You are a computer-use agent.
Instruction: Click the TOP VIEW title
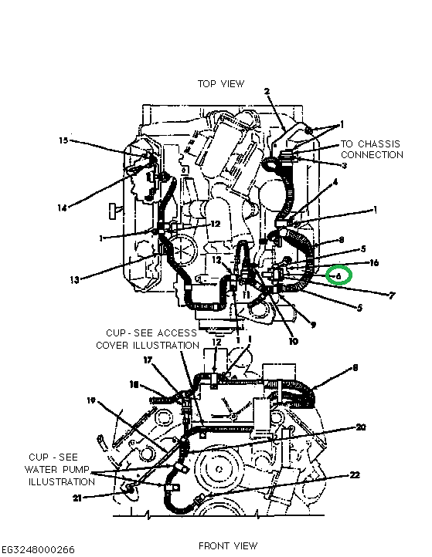point(220,83)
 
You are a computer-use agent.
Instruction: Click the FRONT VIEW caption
point(228,545)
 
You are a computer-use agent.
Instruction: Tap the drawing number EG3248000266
point(39,549)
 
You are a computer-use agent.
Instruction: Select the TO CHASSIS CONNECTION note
point(372,149)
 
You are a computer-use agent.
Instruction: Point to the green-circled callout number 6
point(338,275)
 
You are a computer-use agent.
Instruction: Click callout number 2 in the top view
point(267,92)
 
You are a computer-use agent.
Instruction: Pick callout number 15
point(63,140)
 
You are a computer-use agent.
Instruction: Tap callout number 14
point(62,208)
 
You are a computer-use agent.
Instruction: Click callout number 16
point(374,262)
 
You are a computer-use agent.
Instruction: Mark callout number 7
point(371,295)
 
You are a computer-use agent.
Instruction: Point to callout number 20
point(360,427)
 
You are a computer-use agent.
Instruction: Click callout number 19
point(90,400)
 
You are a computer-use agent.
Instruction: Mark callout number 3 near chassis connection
point(344,165)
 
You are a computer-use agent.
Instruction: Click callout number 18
point(133,383)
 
